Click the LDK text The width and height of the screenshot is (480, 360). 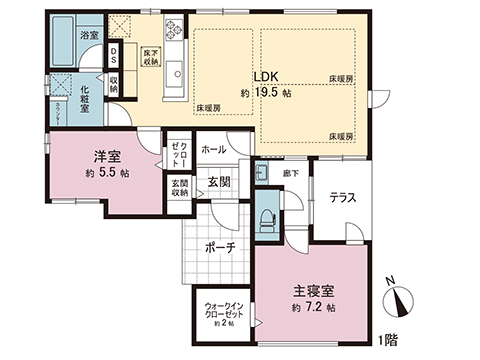click(x=264, y=75)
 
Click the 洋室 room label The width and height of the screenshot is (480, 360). click(x=108, y=157)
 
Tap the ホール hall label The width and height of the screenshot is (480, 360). click(x=213, y=149)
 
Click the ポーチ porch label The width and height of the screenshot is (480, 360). click(x=218, y=248)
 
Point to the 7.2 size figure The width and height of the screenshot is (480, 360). click(x=317, y=307)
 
